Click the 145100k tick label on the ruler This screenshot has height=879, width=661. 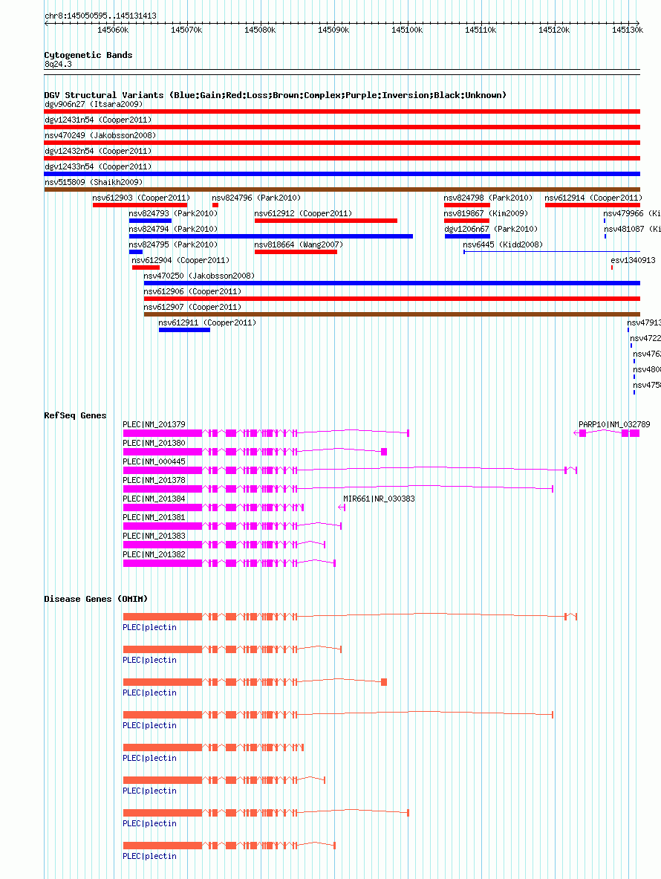[407, 30]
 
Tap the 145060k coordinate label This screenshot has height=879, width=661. [114, 30]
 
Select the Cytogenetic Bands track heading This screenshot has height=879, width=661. [88, 55]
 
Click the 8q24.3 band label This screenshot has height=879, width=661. [58, 65]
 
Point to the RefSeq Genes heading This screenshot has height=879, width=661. [75, 415]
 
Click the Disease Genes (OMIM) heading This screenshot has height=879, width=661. [96, 599]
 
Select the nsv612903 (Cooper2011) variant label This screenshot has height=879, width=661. [141, 198]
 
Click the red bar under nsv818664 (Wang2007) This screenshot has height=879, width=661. [296, 252]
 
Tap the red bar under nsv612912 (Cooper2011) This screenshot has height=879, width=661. [325, 221]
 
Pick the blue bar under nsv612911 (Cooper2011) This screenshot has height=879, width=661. [184, 330]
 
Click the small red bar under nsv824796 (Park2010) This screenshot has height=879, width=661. [215, 205]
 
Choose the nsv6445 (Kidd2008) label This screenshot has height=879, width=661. [503, 244]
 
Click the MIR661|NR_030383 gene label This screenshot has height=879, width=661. [379, 499]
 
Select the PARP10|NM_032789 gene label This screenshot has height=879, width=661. [614, 424]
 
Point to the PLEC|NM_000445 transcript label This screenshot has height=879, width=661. [154, 461]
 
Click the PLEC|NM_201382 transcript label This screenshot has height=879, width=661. [154, 554]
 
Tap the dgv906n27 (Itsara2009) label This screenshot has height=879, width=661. [94, 104]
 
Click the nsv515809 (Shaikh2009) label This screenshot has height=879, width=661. [94, 182]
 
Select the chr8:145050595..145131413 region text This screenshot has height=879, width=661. [100, 16]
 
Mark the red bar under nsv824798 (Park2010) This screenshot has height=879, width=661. [467, 205]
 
